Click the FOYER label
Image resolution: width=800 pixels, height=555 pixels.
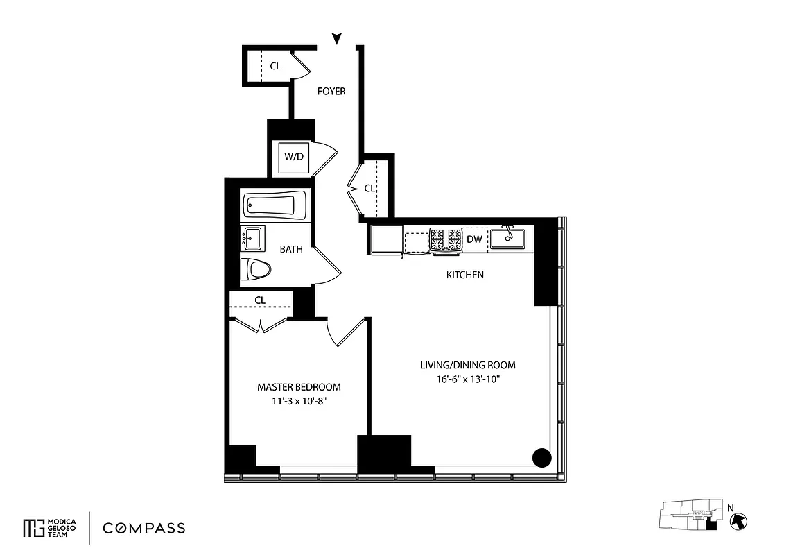pyautogui.click(x=331, y=92)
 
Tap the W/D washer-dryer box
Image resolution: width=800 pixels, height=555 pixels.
pyautogui.click(x=294, y=157)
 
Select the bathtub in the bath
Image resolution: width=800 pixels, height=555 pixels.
pyautogui.click(x=275, y=205)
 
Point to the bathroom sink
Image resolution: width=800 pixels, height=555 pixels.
pyautogui.click(x=252, y=238)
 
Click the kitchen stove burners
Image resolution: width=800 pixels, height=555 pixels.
pyautogui.click(x=446, y=239)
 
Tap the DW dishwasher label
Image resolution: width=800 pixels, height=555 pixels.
pyautogui.click(x=474, y=239)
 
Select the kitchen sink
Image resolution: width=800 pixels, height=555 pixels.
pyautogui.click(x=507, y=238)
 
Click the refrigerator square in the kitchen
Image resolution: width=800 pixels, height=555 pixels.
pyautogui.click(x=385, y=239)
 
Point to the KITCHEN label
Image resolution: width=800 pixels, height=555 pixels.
pyautogui.click(x=464, y=275)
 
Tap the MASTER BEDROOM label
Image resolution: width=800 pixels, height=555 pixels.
pyautogui.click(x=299, y=387)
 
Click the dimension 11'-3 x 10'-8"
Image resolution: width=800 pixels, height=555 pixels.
pyautogui.click(x=299, y=402)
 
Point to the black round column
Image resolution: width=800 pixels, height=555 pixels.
pyautogui.click(x=541, y=458)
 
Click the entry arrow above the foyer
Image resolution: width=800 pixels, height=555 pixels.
pyautogui.click(x=337, y=39)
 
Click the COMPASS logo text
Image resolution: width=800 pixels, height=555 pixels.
pyautogui.click(x=144, y=529)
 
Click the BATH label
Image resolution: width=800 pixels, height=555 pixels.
pyautogui.click(x=290, y=250)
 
